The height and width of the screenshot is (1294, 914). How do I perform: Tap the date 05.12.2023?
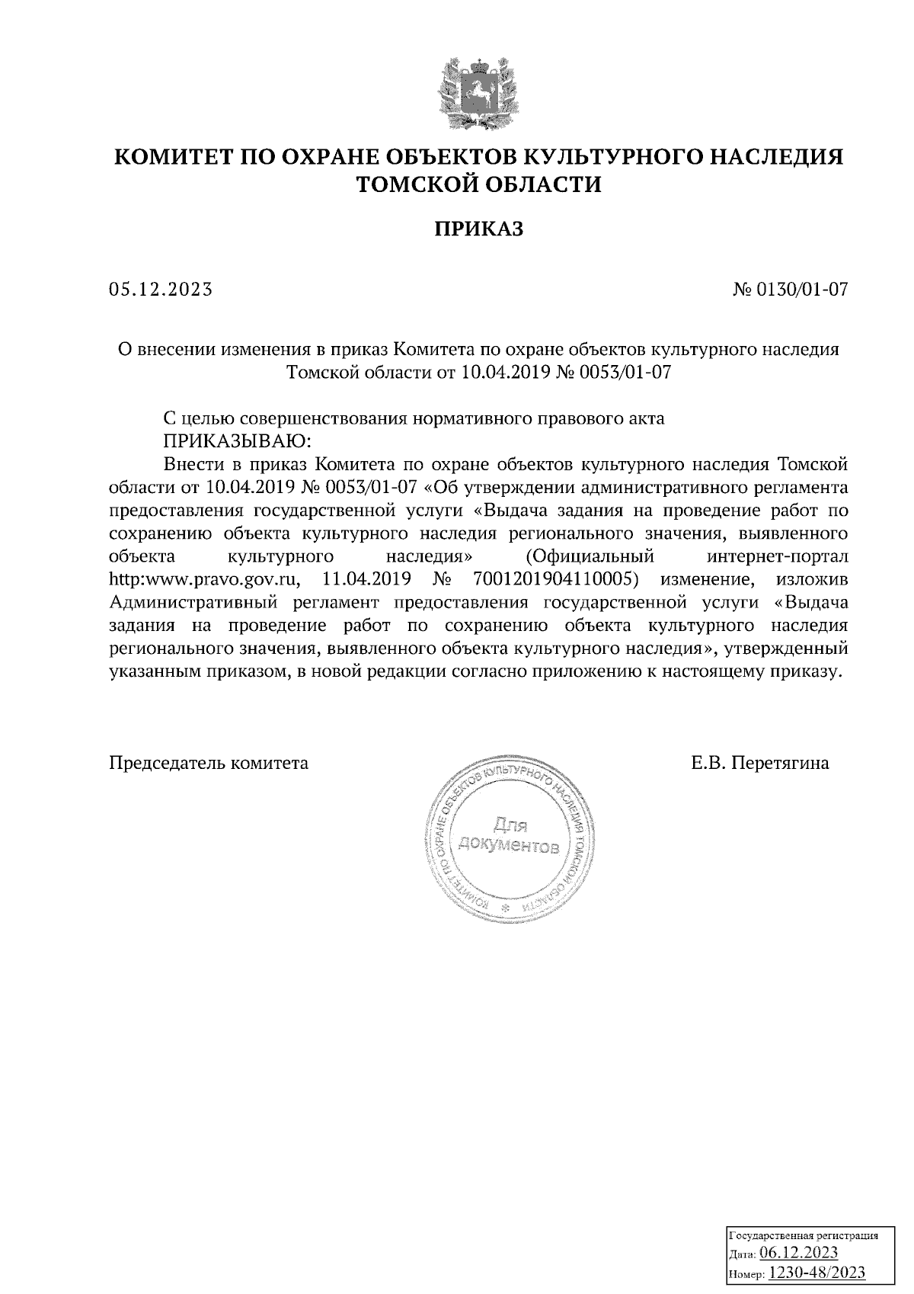click(x=161, y=290)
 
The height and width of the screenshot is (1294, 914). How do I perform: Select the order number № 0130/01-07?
click(x=789, y=290)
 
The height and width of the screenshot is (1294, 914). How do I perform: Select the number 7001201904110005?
click(x=554, y=580)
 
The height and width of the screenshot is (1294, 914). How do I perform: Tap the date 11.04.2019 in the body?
click(x=368, y=580)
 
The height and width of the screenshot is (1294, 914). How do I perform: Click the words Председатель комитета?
click(x=209, y=763)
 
